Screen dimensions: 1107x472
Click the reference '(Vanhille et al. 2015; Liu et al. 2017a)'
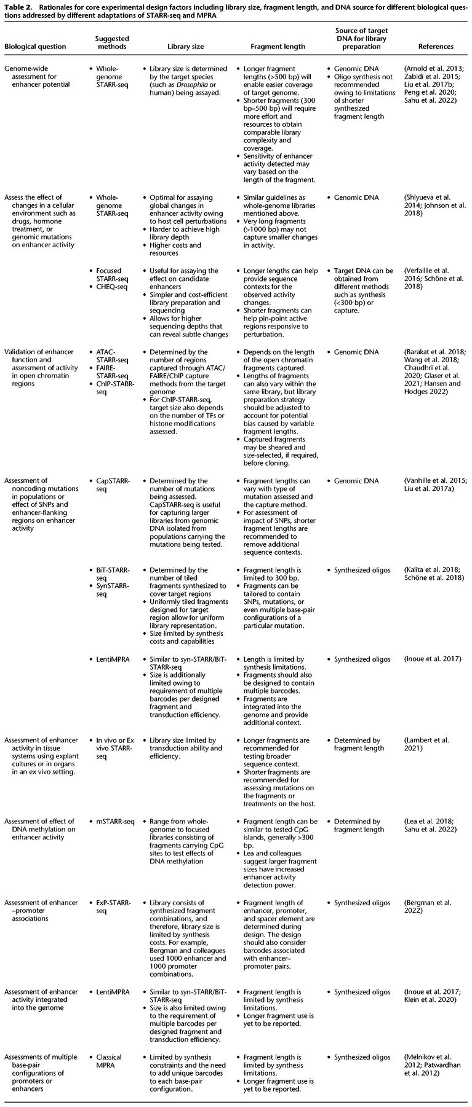tap(435, 485)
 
